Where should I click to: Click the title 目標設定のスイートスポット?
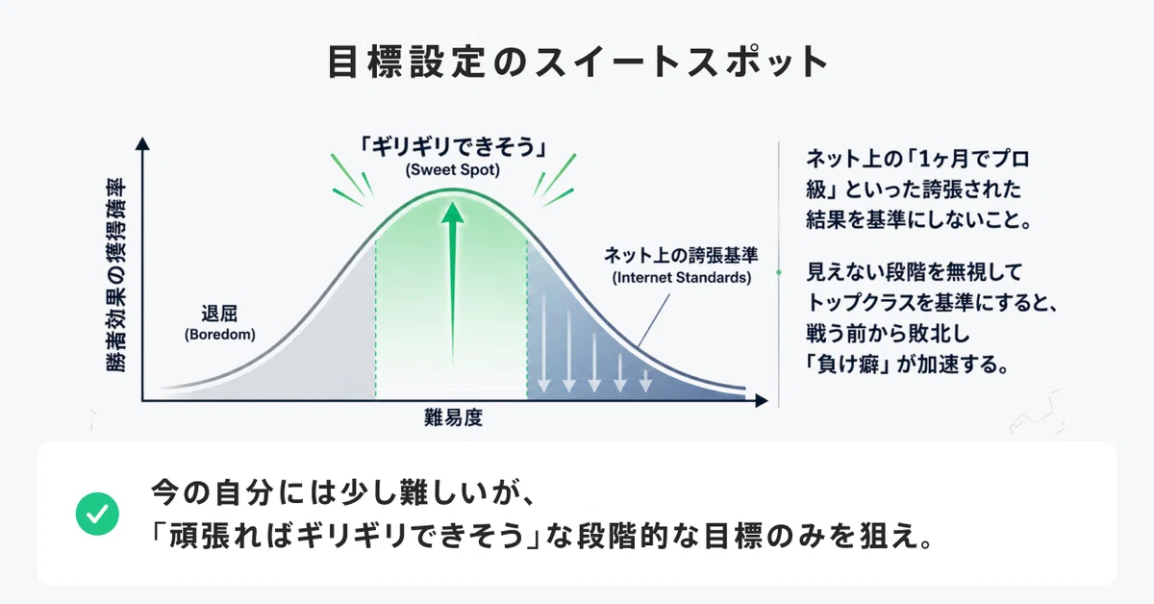click(578, 62)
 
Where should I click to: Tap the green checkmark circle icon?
click(97, 514)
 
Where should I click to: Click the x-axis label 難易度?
click(453, 417)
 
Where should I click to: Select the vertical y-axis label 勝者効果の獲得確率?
click(116, 275)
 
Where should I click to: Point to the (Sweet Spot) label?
click(452, 170)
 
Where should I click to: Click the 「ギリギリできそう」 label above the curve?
click(453, 147)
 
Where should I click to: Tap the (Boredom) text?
click(220, 335)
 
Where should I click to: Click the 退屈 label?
click(219, 314)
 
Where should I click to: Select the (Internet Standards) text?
click(682, 278)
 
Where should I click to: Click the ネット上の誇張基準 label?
click(681, 255)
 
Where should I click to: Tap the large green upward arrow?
click(452, 284)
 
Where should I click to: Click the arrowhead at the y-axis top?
click(142, 143)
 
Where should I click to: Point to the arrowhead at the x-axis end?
click(762, 400)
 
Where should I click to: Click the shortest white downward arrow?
click(645, 381)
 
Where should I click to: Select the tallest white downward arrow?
click(543, 342)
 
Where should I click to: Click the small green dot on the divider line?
click(778, 272)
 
